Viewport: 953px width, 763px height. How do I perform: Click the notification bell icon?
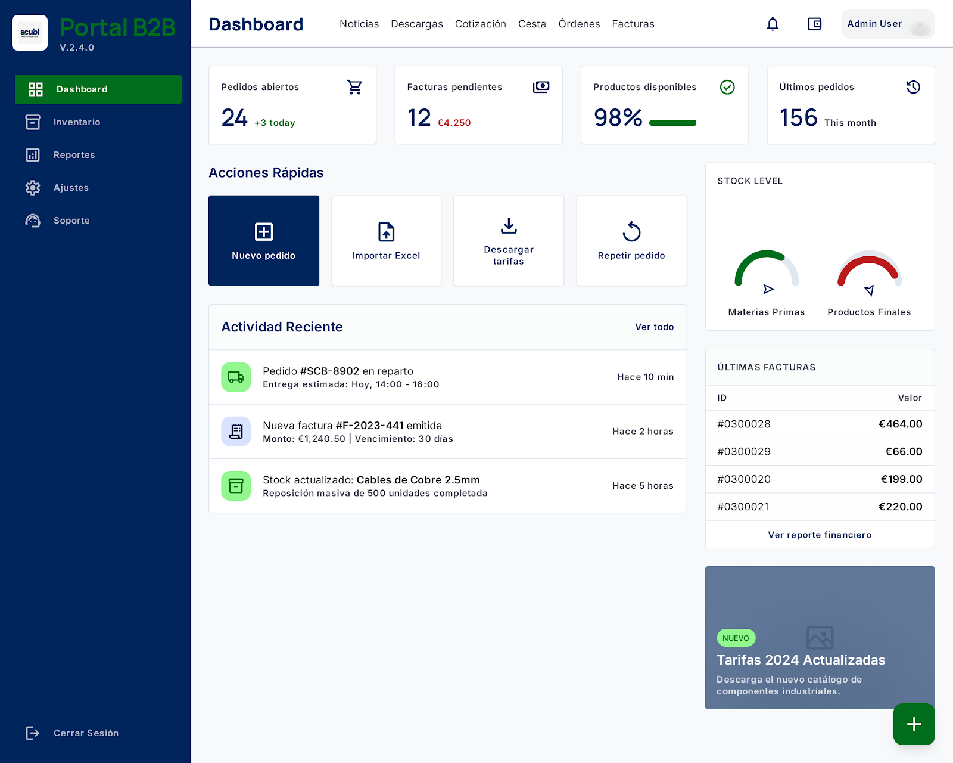point(773,24)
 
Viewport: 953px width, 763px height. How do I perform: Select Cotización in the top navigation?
point(481,24)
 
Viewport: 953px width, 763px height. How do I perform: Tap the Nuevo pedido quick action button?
point(263,241)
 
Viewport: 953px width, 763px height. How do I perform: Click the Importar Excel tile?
point(386,241)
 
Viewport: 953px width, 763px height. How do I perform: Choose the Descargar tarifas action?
point(509,241)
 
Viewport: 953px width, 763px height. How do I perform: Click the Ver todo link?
point(654,327)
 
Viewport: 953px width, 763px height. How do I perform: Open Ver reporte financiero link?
point(820,535)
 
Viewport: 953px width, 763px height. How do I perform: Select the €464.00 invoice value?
point(901,424)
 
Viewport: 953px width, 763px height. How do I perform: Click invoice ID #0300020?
point(744,479)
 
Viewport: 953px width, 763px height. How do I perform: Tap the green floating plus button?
point(914,724)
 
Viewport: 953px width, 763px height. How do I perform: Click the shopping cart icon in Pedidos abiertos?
point(354,87)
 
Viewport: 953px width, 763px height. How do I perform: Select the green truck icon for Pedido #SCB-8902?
point(236,377)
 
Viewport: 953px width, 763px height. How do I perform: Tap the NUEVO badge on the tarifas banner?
point(736,638)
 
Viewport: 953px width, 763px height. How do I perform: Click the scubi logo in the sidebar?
point(30,33)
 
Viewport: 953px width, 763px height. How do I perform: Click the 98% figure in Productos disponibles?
point(618,118)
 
